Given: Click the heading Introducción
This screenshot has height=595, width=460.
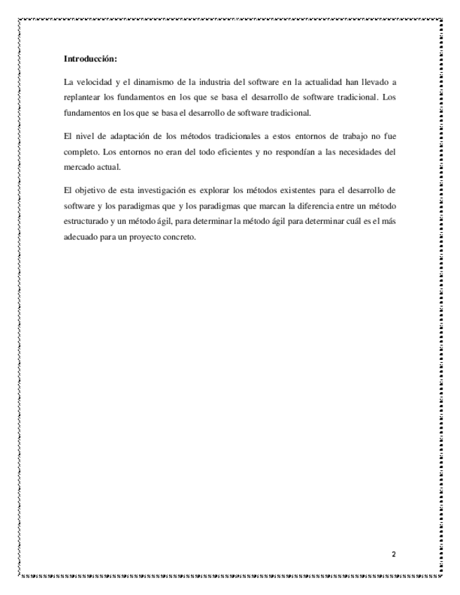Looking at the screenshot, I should (x=91, y=58).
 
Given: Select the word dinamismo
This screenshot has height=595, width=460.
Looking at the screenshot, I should (x=158, y=82).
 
